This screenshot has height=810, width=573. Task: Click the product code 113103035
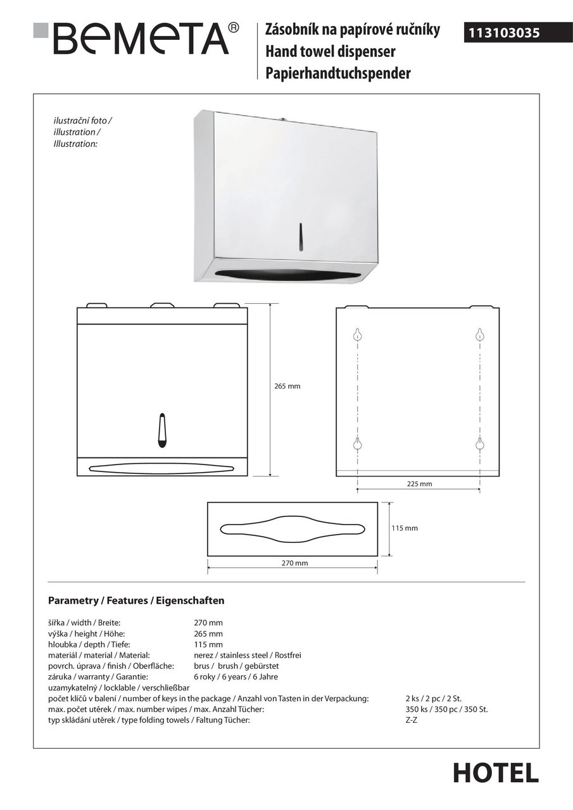[x=505, y=34]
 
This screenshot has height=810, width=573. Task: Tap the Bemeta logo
[x=136, y=37]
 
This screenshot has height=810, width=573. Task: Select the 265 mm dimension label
[x=287, y=386]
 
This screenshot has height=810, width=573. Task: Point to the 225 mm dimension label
[x=419, y=484]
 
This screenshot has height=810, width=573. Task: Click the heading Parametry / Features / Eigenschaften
[x=136, y=600]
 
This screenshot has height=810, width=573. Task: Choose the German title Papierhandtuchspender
[x=337, y=73]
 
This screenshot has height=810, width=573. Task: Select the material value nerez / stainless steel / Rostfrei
[x=247, y=655]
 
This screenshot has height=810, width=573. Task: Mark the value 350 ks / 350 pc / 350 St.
[x=446, y=709]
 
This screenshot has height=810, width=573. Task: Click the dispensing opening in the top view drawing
[x=293, y=528]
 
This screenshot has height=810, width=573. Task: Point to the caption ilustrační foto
[x=83, y=120]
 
